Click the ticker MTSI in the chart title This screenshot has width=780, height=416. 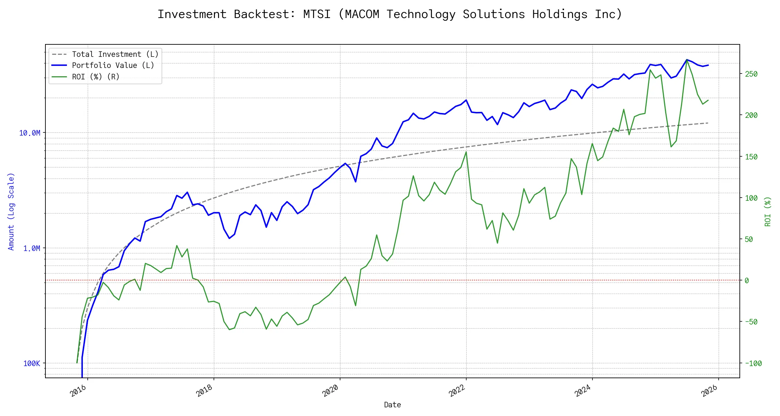317,14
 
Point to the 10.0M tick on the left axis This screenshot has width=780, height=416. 30,133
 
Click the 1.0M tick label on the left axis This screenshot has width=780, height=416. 32,248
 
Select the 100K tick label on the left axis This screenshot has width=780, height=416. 32,363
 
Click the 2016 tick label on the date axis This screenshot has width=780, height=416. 78,391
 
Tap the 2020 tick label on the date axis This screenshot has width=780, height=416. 330,391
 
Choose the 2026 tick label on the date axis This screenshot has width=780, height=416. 709,391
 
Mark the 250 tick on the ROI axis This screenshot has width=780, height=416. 751,74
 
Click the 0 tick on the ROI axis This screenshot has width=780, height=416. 747,280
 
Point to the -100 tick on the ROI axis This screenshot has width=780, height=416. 753,363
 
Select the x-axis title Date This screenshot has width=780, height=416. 392,405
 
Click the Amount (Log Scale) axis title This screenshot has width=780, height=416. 11,211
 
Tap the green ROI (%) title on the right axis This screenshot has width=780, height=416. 768,211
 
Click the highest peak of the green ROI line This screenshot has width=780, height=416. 687,60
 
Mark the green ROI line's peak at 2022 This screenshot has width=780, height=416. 466,152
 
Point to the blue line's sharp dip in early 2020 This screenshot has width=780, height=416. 356,182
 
